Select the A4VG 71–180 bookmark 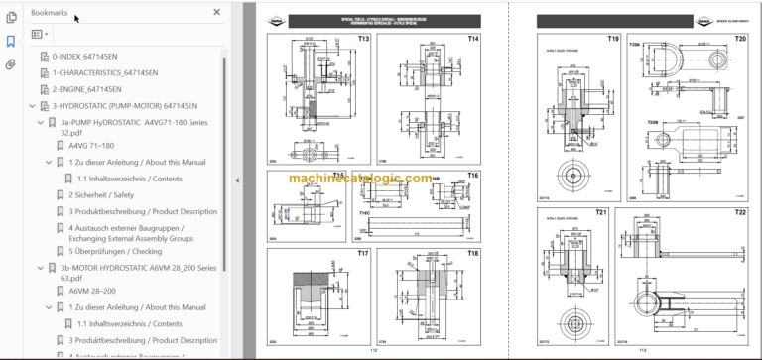point(91,146)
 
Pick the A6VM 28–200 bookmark point(92,292)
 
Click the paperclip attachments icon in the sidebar point(11,64)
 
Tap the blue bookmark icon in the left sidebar point(11,42)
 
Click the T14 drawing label point(473,39)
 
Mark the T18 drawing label point(473,254)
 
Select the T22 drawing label point(740,212)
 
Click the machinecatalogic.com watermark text point(361,179)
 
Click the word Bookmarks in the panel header point(50,12)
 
